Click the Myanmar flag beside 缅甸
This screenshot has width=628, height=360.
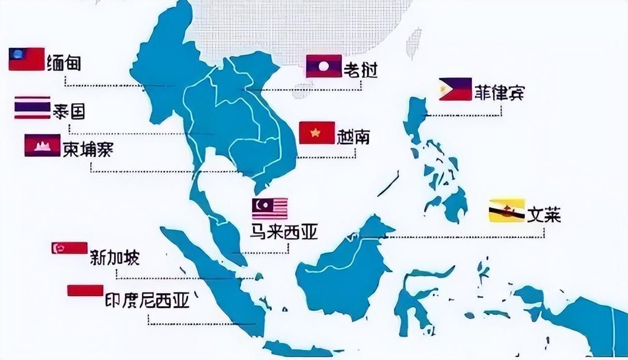(x=26, y=59)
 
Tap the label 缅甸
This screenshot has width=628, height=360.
(x=63, y=62)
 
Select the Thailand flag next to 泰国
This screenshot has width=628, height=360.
(x=32, y=107)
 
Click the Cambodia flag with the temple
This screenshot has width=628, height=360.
(x=42, y=145)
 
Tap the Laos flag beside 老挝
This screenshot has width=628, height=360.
(x=323, y=66)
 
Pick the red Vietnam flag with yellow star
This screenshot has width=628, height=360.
(x=317, y=133)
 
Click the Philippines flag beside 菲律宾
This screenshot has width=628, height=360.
(x=455, y=89)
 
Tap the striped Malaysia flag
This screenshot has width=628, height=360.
(x=270, y=209)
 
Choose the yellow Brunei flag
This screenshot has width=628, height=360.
(x=507, y=211)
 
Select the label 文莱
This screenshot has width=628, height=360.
(x=544, y=214)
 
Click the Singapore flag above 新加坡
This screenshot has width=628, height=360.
(x=69, y=247)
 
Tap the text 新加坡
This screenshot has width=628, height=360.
(x=115, y=257)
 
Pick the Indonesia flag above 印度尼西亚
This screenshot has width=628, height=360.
(x=85, y=290)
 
